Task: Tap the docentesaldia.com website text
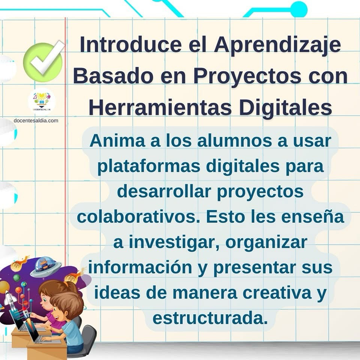[x=36, y=120]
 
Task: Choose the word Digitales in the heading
[x=285, y=108]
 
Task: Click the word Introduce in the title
[x=130, y=45]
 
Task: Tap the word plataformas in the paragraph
[x=149, y=166]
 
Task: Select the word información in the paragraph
[x=140, y=268]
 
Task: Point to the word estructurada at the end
[x=210, y=318]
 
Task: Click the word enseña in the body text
[x=312, y=216]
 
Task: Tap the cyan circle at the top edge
[x=298, y=9]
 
